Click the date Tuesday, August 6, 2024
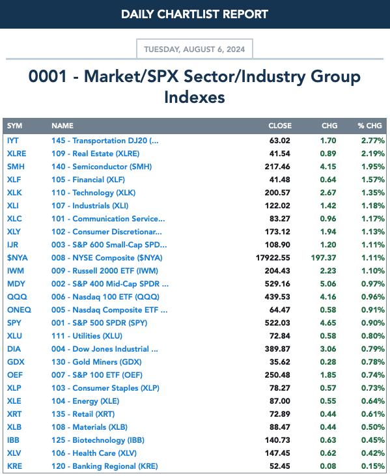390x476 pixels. (x=194, y=49)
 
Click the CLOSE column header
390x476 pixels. (x=280, y=126)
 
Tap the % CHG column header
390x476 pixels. (x=369, y=126)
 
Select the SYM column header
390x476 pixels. (x=14, y=126)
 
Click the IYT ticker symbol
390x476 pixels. (x=13, y=141)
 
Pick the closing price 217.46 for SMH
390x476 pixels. (x=277, y=167)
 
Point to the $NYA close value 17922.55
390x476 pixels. (x=273, y=258)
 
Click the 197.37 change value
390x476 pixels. (x=324, y=258)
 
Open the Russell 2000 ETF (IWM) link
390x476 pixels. (x=105, y=271)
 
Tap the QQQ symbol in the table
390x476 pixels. (x=17, y=297)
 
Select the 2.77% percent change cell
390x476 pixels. (x=373, y=141)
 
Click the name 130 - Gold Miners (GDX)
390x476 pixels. (x=96, y=362)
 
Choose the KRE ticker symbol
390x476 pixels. (x=14, y=466)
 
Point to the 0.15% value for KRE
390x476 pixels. (x=373, y=466)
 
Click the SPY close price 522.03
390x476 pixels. (x=277, y=323)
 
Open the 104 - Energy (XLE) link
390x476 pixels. (x=85, y=401)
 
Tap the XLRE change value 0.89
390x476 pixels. (x=328, y=154)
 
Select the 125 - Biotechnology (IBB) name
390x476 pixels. (x=98, y=440)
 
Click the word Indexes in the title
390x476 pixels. (x=195, y=97)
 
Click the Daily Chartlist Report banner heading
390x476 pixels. (x=195, y=14)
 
